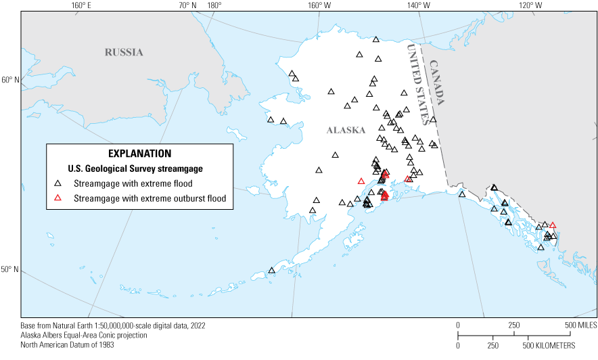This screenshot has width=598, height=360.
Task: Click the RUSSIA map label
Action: click(x=124, y=52)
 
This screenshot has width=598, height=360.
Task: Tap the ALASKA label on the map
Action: click(x=346, y=131)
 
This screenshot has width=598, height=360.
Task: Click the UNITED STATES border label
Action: click(x=418, y=85)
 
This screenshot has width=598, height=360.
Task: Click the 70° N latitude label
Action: click(x=187, y=5)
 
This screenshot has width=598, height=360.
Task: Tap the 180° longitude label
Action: click(x=214, y=5)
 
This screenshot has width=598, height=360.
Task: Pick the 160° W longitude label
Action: click(x=319, y=5)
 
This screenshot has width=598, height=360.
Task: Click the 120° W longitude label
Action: click(x=530, y=5)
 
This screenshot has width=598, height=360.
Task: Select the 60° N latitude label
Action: click(x=10, y=81)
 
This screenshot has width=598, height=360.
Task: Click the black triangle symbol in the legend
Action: click(x=59, y=183)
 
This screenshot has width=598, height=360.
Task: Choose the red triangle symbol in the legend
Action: click(x=59, y=198)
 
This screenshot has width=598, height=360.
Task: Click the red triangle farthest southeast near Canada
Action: click(x=553, y=225)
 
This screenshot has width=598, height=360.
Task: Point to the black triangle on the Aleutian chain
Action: click(x=271, y=271)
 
